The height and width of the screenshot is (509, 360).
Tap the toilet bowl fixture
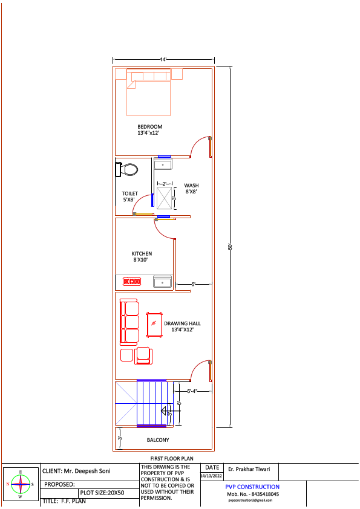127,170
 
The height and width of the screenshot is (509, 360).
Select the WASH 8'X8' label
191,189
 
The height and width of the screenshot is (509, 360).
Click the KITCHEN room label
142,256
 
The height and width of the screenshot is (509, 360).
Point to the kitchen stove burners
131,281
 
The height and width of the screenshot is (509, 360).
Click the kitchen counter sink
162,282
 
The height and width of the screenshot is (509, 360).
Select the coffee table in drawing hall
154,325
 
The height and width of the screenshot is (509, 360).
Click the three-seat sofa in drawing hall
129,322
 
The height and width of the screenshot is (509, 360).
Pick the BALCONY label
158,440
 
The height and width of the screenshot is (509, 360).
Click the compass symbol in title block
21,484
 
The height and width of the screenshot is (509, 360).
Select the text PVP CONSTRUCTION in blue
252,487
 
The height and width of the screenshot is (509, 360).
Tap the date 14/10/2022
212,476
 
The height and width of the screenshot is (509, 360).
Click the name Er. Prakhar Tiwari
249,469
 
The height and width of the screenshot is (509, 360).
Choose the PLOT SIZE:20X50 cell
102,493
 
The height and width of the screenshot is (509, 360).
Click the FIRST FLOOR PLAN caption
171,459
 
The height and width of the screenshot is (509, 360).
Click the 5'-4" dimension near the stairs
192,391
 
